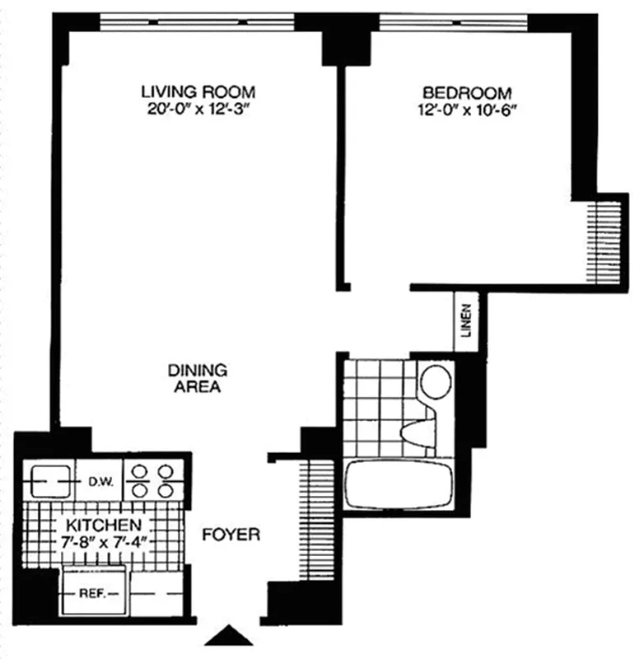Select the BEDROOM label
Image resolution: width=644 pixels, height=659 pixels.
coord(466,92)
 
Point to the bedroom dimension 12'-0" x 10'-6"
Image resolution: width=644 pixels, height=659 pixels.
coord(466,110)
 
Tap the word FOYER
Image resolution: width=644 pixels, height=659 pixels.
coord(231,535)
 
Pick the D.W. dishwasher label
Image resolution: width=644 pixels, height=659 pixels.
coord(99,480)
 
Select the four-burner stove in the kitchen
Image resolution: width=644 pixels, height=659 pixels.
coord(152,480)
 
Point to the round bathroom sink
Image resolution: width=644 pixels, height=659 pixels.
coord(435,381)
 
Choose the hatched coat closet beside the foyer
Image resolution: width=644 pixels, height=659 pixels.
coord(312,519)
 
